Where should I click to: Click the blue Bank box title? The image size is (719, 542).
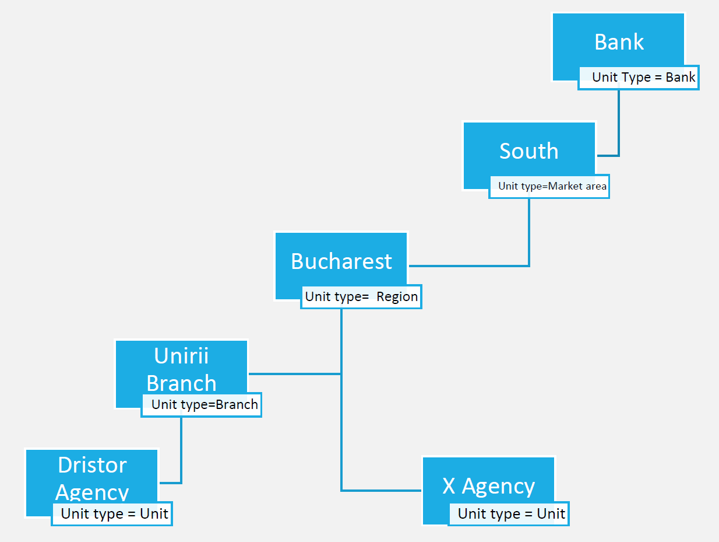619,42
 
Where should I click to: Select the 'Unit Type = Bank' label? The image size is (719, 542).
643,78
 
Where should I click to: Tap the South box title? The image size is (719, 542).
528,151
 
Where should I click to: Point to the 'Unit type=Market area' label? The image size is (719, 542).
552,187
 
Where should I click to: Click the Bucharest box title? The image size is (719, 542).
341,261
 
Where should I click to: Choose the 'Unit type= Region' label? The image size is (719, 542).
361,296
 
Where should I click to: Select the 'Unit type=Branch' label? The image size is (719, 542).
204,405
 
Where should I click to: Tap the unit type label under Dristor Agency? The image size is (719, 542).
114,514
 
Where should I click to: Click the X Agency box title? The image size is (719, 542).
488,486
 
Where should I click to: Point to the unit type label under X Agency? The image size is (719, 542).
511,514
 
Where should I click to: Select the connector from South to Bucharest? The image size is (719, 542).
529,233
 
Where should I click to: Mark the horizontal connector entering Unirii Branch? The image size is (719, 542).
294,374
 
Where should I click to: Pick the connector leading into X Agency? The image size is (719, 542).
379,490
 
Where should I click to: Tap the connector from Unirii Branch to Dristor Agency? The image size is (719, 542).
181,449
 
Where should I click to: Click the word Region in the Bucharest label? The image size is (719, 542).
397,296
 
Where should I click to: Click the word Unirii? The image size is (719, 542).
181,356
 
